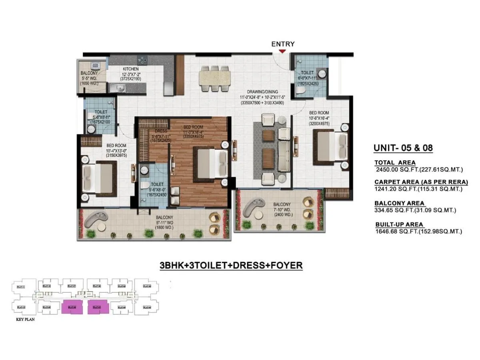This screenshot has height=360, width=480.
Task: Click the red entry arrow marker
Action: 282,51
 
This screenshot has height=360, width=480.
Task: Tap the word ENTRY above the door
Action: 283,44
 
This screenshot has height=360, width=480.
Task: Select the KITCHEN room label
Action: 130,69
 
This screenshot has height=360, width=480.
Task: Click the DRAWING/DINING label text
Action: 262,92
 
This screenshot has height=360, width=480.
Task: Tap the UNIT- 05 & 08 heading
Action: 403,148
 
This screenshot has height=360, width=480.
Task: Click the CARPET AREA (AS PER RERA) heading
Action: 421,182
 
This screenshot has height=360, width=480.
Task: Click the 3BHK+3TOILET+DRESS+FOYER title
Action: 231,265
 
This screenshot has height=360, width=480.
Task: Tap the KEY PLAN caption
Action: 25,320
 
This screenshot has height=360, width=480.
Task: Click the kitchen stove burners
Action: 142,60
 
